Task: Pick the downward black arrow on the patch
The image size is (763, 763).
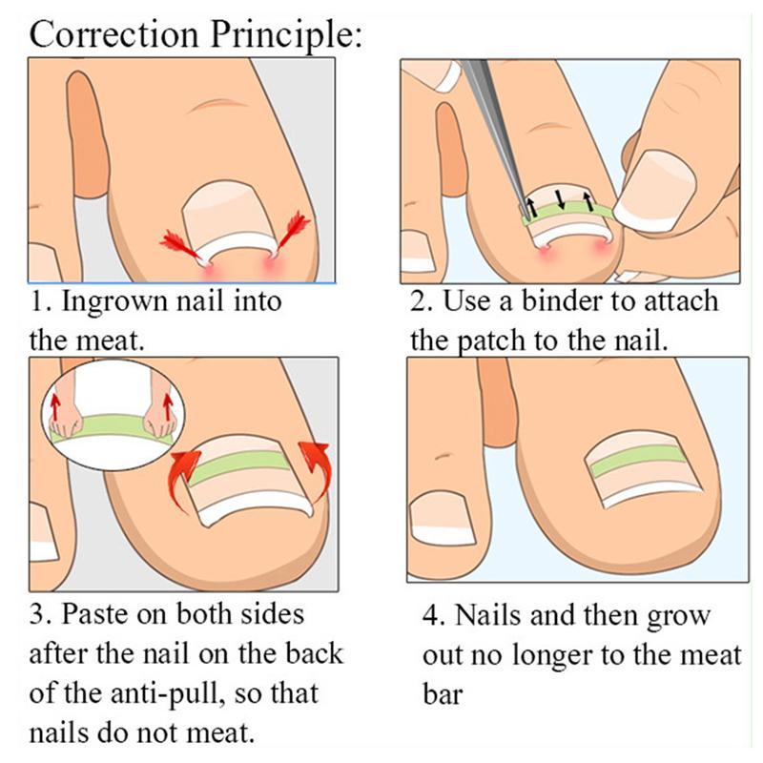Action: point(559,201)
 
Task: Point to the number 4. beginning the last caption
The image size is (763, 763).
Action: point(432,615)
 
